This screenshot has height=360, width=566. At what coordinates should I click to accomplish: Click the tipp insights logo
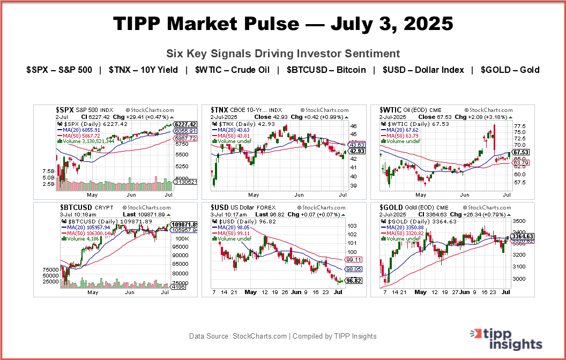click(506, 338)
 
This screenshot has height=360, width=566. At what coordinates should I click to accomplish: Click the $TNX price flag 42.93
click(356, 152)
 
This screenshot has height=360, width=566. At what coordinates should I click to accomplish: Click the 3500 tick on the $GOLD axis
click(519, 220)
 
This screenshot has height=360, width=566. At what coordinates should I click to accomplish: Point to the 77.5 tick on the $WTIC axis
click(519, 126)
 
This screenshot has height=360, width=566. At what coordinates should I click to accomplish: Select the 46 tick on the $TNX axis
click(353, 126)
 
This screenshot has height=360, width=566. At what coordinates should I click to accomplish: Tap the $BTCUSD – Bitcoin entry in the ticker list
click(326, 70)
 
